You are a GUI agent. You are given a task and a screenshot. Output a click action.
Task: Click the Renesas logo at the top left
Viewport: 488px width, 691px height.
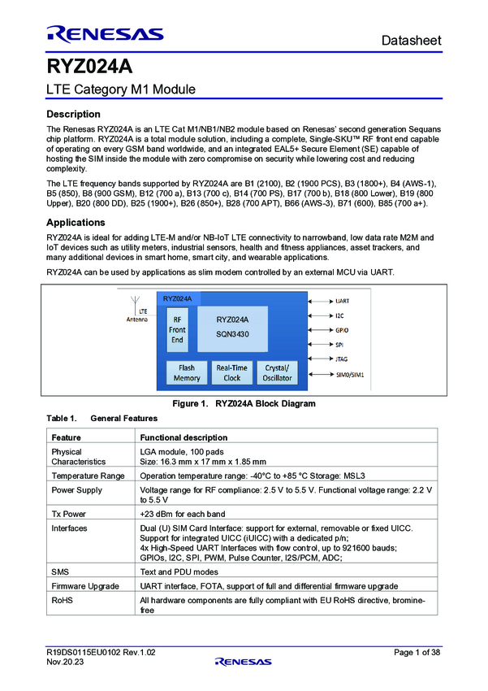point(105,34)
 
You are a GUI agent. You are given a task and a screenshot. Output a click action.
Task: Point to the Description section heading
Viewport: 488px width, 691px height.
point(74,114)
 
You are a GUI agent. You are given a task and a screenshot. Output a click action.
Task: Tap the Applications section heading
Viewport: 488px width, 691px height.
point(76,222)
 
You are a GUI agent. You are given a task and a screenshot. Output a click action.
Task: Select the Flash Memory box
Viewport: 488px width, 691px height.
point(186,373)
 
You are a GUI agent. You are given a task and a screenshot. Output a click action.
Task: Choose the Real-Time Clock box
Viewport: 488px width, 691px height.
point(231,373)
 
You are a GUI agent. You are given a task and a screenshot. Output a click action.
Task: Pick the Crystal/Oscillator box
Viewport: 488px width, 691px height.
point(277,373)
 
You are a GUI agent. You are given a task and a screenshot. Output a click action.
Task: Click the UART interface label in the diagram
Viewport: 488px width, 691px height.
point(342,301)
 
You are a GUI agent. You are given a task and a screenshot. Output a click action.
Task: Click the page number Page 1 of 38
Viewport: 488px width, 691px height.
point(417,653)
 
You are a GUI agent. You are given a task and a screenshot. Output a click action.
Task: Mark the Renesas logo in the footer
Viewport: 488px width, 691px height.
point(244,661)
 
